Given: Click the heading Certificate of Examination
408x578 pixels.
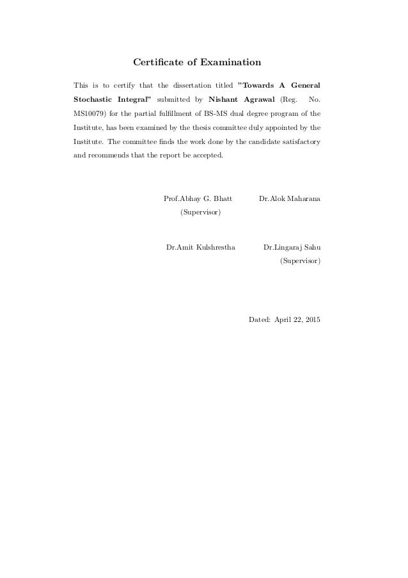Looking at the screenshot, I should (x=197, y=63).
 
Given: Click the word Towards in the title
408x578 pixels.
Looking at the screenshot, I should (x=257, y=85).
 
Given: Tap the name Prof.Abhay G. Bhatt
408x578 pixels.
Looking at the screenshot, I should (x=198, y=199).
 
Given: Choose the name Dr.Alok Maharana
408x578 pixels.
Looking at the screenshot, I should (x=290, y=199).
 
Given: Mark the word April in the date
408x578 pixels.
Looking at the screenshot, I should (x=283, y=319).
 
